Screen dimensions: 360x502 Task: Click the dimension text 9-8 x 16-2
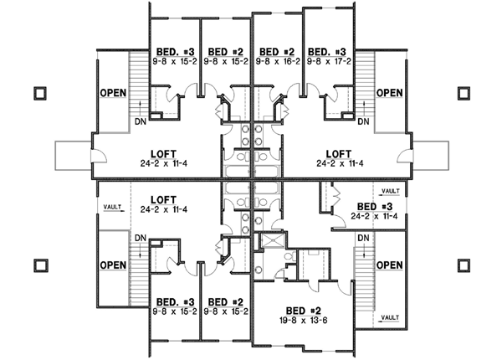click(278, 61)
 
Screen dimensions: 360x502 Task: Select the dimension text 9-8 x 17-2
click(328, 61)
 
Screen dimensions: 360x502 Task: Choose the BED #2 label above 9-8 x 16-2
click(278, 50)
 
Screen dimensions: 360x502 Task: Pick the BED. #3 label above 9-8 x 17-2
click(328, 50)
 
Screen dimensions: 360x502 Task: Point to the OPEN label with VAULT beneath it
click(388, 265)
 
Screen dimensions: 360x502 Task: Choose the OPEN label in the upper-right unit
click(388, 93)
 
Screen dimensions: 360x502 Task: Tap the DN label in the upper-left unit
click(139, 122)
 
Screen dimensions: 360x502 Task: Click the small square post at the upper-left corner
click(39, 93)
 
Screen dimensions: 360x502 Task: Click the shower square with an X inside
click(270, 241)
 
